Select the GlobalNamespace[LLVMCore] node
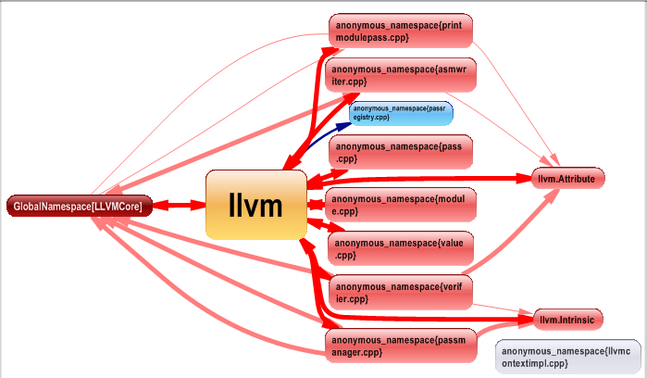click(79, 206)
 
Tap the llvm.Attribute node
click(567, 177)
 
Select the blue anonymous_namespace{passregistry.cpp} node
click(401, 113)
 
